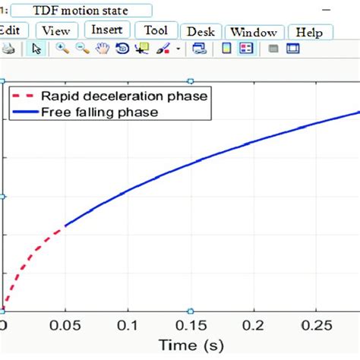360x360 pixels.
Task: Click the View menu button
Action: pyautogui.click(x=56, y=31)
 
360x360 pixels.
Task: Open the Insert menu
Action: pyautogui.click(x=107, y=30)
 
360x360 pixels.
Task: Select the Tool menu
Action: pyautogui.click(x=156, y=30)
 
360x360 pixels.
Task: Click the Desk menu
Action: pyautogui.click(x=201, y=32)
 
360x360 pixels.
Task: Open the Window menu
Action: pyautogui.click(x=254, y=32)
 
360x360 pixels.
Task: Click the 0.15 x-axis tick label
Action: pyautogui.click(x=191, y=325)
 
